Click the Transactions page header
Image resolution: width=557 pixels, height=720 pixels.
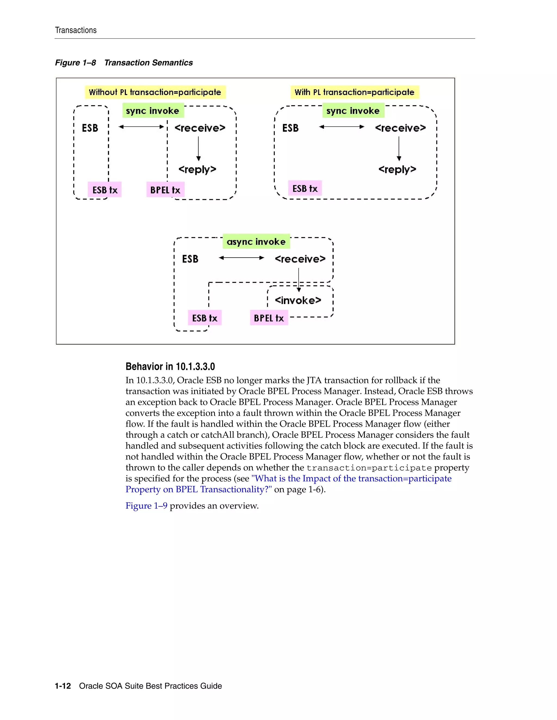pyautogui.click(x=76, y=30)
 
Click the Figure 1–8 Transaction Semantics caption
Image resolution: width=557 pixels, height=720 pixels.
pyautogui.click(x=124, y=63)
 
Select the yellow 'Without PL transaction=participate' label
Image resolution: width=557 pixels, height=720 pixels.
pyautogui.click(x=155, y=92)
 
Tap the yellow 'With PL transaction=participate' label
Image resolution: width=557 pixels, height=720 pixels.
pyautogui.click(x=354, y=92)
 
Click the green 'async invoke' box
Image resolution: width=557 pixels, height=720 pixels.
pyautogui.click(x=256, y=242)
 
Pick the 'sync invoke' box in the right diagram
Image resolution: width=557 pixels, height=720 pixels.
pyautogui.click(x=353, y=111)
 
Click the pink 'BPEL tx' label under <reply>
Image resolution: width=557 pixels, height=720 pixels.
pyautogui.click(x=165, y=190)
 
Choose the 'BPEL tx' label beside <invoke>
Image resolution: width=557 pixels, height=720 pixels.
pyautogui.click(x=269, y=318)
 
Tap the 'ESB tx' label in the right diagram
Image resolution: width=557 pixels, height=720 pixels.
pyautogui.click(x=305, y=189)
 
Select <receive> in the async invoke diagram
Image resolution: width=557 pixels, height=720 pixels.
pyautogui.click(x=300, y=259)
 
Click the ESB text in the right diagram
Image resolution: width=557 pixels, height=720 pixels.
pyautogui.click(x=290, y=128)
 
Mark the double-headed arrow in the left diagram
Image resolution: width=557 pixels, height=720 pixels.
pyautogui.click(x=141, y=127)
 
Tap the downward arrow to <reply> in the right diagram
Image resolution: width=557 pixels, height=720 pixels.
pyautogui.click(x=399, y=148)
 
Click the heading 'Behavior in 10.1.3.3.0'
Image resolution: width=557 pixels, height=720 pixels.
pyautogui.click(x=170, y=367)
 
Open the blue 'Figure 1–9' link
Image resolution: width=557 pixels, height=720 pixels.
pyautogui.click(x=146, y=506)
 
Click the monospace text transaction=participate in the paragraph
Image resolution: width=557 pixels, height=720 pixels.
pyautogui.click(x=369, y=468)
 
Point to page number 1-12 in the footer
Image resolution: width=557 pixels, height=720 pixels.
pyautogui.click(x=63, y=686)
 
